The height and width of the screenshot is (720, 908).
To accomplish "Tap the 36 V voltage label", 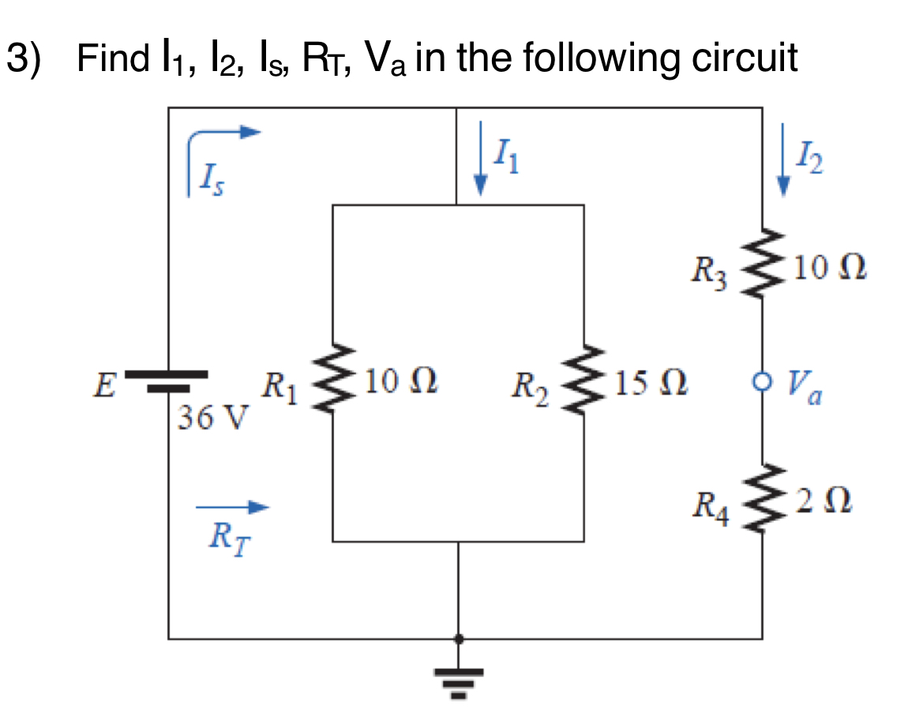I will pyautogui.click(x=212, y=415).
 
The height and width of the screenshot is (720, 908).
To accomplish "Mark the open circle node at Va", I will pyautogui.click(x=762, y=383).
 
